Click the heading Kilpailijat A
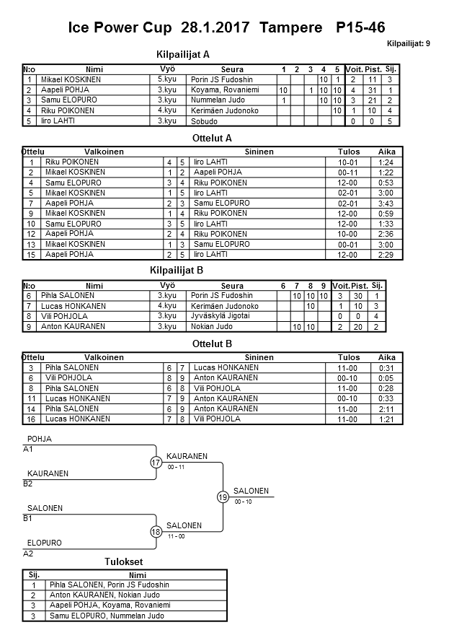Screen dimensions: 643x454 [183, 54]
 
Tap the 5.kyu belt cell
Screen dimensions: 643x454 [166, 79]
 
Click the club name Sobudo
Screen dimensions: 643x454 [205, 121]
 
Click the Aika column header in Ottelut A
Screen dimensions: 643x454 [387, 152]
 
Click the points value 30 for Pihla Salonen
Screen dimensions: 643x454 [365, 296]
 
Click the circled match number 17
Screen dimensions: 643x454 [156, 463]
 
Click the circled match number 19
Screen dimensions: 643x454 [223, 497]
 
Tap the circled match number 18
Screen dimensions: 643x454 [156, 532]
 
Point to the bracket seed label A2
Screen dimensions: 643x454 [28, 554]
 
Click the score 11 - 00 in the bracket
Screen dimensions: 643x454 [176, 536]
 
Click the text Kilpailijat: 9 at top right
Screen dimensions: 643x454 [409, 43]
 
